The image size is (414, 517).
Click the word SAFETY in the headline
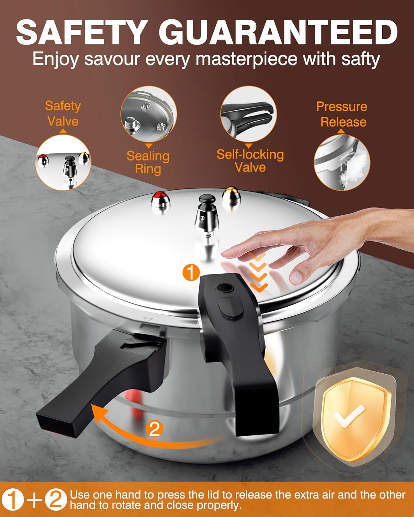pos(81,32)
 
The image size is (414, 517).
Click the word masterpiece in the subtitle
pos(246,59)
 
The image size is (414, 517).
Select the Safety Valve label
pos(63,113)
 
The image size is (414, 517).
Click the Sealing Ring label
pos(148,162)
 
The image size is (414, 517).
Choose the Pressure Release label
pos(342,114)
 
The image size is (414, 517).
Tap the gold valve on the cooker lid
pos(231,197)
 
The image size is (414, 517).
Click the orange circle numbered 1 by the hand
pos(191,273)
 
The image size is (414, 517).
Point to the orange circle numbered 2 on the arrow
pos(154,429)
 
